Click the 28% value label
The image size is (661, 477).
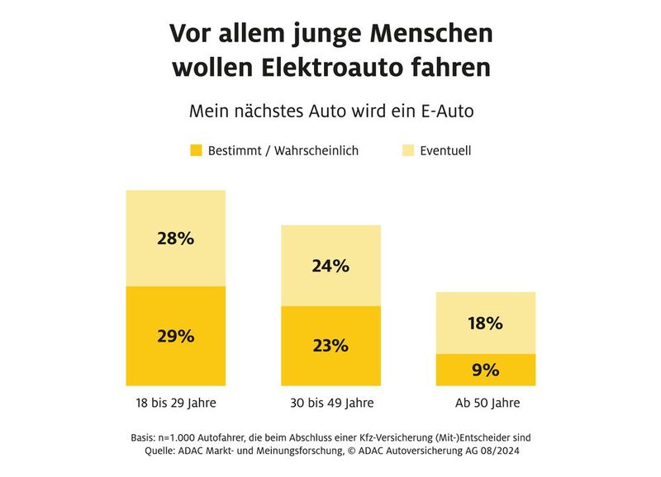[175, 238]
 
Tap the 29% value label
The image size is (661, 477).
[175, 336]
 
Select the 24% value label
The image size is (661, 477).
[330, 266]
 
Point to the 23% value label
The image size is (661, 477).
[330, 346]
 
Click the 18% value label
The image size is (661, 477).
[486, 324]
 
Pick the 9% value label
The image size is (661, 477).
[486, 370]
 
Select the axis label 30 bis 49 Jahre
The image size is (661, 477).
[330, 404]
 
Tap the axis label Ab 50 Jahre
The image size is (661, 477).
[486, 404]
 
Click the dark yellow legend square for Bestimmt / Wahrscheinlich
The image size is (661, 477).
[196, 151]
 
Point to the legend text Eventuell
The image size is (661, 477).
[446, 151]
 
